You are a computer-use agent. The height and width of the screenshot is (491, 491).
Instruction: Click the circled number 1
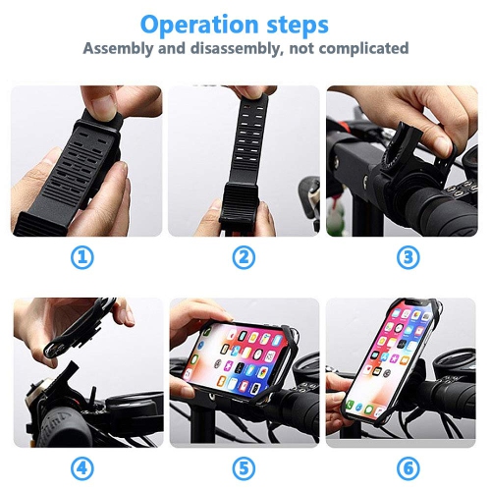tap(83, 258)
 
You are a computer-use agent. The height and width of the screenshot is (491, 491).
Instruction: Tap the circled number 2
tap(244, 258)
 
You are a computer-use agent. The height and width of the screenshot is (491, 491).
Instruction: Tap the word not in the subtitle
tap(294, 49)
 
